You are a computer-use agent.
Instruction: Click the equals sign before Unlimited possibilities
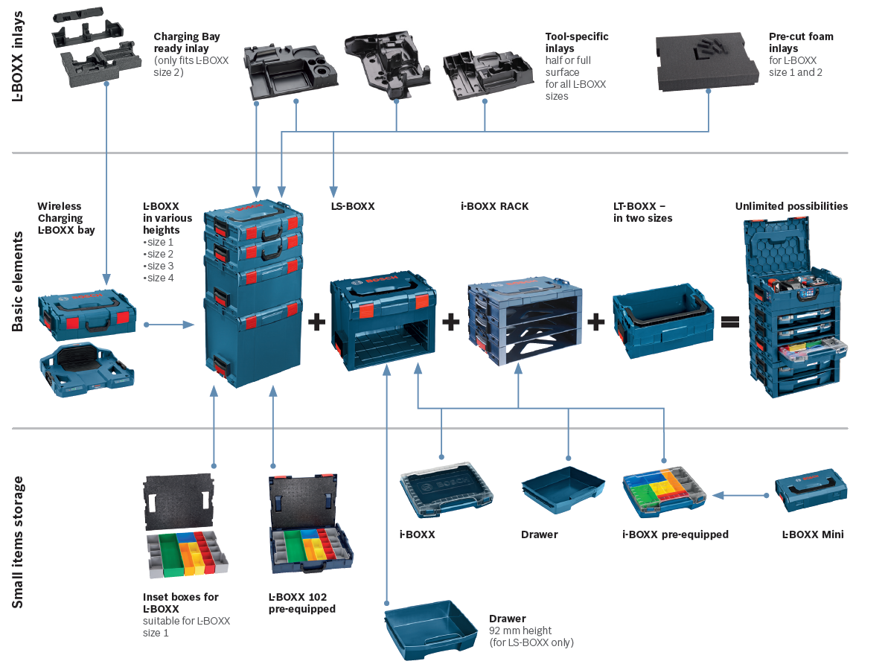tap(729, 322)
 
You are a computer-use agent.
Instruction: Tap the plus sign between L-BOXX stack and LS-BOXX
tap(317, 322)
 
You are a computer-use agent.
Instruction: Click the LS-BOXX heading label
tap(353, 206)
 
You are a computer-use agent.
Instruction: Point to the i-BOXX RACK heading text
tap(494, 206)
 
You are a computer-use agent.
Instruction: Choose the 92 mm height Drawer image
tap(430, 628)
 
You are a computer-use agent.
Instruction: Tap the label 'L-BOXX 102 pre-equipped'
tap(301, 603)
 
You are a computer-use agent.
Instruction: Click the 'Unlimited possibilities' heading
tap(791, 206)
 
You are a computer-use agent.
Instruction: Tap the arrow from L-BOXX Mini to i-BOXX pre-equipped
tap(740, 495)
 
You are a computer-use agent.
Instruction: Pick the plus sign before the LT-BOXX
tap(595, 322)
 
